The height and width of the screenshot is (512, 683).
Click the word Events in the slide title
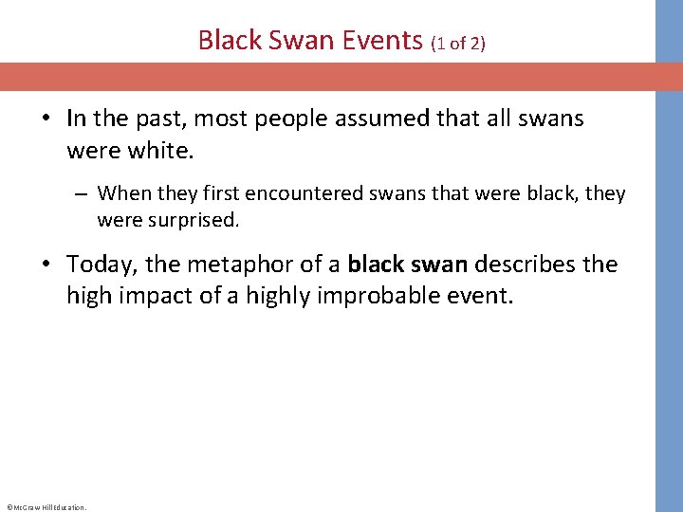click(379, 41)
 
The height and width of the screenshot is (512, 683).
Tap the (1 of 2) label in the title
click(458, 43)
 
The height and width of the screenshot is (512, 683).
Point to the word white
click(150, 150)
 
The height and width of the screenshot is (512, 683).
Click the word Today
click(102, 264)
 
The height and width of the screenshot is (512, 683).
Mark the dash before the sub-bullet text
click(83, 194)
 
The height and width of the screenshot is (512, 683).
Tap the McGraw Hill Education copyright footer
click(46, 507)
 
